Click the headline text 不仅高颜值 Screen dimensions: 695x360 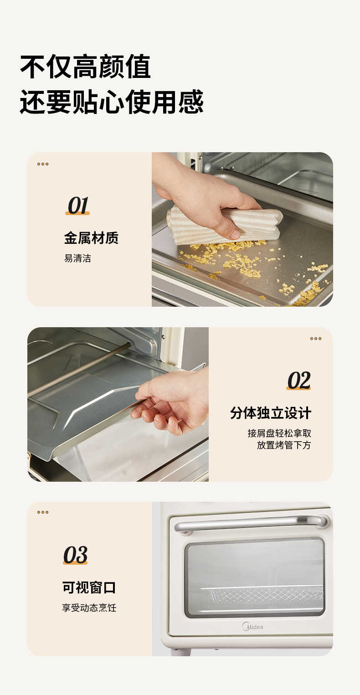coord(85,67)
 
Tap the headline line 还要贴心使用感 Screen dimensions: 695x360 coord(112,102)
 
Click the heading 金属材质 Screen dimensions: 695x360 coord(91,238)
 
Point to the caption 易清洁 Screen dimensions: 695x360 coord(77,258)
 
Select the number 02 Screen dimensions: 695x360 coord(298,381)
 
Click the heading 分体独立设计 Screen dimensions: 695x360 coord(271,413)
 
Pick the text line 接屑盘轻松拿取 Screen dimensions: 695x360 coord(279,433)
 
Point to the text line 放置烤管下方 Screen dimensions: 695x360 coord(283,445)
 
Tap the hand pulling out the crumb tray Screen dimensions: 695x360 coord(173,401)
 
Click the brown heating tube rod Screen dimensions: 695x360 coord(77,370)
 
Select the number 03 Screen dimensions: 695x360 coord(75,555)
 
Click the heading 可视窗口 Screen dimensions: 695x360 coord(89,587)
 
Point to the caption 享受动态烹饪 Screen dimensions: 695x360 coord(89,608)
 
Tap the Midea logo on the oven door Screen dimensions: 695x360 coord(252,627)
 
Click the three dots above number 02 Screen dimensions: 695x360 coord(316,339)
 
